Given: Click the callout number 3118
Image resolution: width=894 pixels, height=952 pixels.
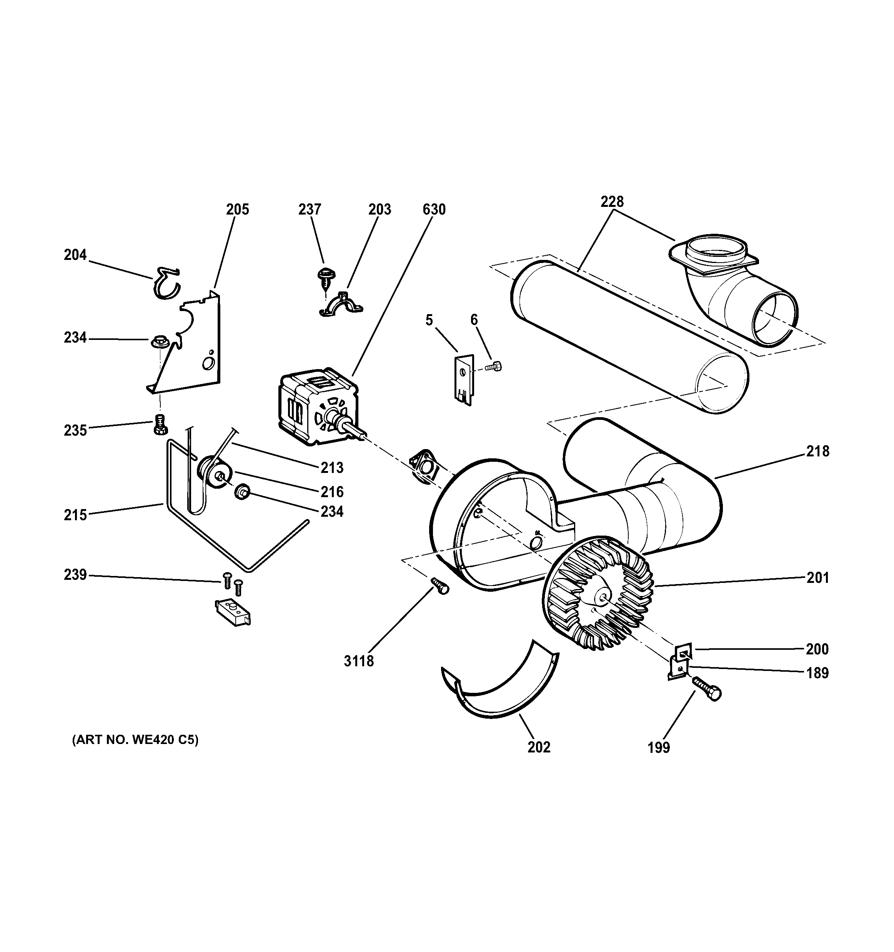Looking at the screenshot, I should pos(359,661).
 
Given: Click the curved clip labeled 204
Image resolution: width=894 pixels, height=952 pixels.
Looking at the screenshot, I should pos(166,283).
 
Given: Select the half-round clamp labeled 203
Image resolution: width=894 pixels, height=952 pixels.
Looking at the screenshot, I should pos(341,305).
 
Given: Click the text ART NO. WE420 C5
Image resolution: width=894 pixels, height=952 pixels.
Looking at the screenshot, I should pos(135,740).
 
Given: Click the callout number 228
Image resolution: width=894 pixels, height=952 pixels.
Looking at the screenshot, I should pos(612,201).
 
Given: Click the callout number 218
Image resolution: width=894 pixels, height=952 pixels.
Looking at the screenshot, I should pos(817,451).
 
